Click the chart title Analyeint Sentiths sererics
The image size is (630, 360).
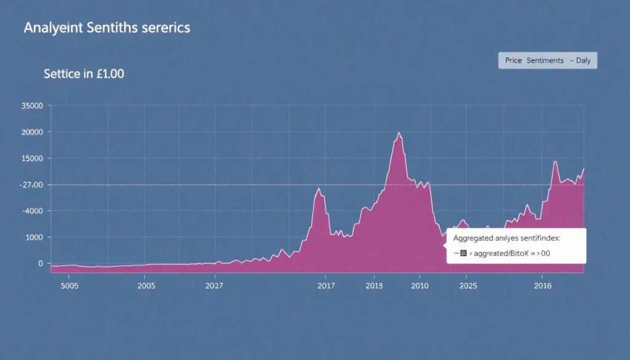tap(106, 28)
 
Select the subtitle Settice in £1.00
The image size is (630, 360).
tap(84, 74)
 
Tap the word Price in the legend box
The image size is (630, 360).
tap(513, 60)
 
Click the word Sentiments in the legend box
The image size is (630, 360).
tap(544, 60)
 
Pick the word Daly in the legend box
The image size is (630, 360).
tap(583, 60)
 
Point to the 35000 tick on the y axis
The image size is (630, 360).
tap(31, 106)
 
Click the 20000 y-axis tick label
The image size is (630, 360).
tap(31, 132)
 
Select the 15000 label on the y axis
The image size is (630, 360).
tap(31, 158)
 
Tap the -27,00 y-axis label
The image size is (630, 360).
tap(31, 185)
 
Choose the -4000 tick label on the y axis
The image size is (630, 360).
tap(33, 211)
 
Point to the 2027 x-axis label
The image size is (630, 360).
tap(214, 286)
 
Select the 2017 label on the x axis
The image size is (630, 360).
tap(326, 286)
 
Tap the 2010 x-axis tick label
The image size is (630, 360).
tap(420, 286)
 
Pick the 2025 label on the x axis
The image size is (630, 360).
tap(468, 286)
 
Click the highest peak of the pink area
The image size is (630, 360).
tap(399, 132)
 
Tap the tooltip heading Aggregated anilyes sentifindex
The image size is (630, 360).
tap(511, 237)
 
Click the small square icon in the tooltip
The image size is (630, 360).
tap(464, 253)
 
